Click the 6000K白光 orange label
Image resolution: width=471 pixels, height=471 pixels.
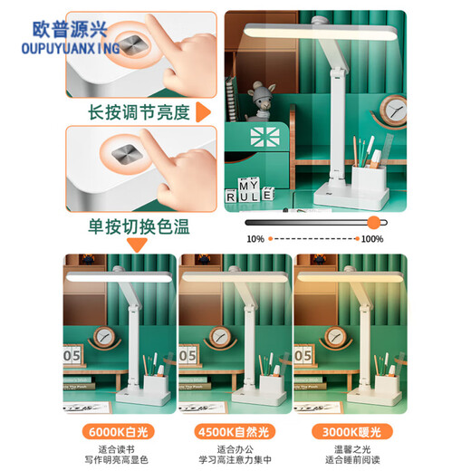click(118, 432)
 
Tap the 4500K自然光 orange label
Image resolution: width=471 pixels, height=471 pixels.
click(235, 432)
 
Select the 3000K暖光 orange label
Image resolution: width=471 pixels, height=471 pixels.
click(352, 432)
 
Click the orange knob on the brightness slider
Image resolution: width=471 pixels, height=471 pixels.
click(374, 223)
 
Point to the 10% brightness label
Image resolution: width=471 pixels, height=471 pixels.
click(255, 239)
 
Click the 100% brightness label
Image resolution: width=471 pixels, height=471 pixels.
click(372, 239)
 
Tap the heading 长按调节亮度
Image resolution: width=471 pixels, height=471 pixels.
click(139, 112)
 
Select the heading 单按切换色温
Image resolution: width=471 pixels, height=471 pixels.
click(139, 226)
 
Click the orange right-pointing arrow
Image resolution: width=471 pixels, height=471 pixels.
click(203, 112)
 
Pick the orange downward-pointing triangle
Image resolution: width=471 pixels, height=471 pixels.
click(137, 245)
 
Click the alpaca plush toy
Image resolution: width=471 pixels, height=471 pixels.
click(261, 101)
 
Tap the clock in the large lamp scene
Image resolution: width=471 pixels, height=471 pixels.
click(394, 111)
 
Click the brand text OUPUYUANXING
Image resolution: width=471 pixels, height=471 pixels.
click(71, 49)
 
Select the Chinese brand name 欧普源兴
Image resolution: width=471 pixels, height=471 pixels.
click(70, 29)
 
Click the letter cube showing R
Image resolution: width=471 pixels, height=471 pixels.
click(231, 197)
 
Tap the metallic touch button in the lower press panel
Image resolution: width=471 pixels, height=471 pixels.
click(126, 155)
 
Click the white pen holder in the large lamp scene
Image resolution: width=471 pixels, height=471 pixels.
click(369, 180)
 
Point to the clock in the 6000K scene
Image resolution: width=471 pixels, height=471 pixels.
click(104, 337)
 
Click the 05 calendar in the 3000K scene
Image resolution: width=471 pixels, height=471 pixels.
click(303, 355)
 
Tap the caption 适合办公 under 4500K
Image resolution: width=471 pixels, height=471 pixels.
click(235, 449)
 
